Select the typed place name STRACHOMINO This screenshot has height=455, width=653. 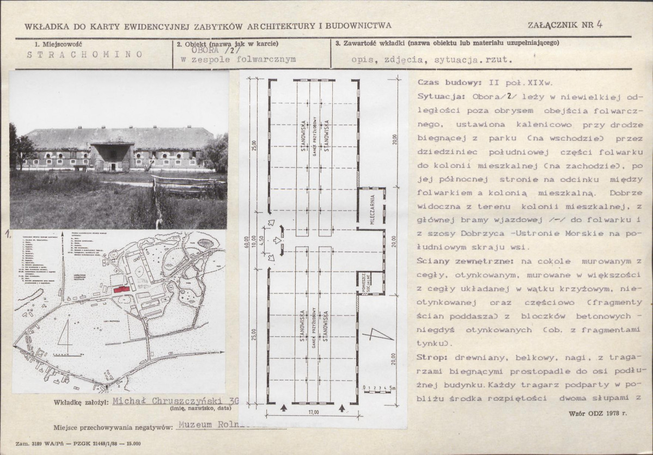point(84,54)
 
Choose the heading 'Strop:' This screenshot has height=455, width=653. point(431,357)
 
